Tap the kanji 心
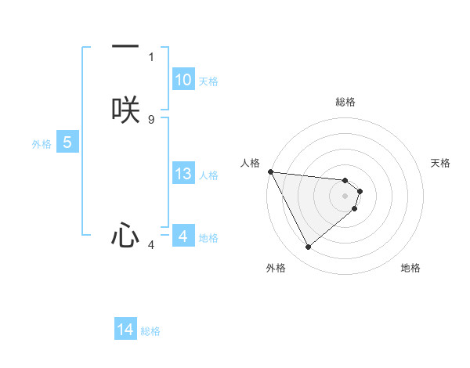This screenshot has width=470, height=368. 125,235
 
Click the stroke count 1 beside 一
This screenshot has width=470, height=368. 151,57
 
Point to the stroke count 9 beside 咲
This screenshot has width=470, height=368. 151,119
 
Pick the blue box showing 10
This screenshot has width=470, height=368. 183,80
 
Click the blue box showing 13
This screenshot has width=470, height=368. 183,174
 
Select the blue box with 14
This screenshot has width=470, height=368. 125,330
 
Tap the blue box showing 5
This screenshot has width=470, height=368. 67,143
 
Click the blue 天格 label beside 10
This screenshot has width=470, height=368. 208,81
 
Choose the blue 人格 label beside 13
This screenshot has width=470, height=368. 208,175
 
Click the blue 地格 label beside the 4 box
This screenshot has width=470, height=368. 208,237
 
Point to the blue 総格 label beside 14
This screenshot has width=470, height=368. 150,330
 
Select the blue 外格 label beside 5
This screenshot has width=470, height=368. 42,143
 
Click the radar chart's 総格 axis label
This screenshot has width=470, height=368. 345,102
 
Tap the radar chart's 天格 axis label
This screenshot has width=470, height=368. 441,163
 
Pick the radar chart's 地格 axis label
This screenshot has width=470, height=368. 410,268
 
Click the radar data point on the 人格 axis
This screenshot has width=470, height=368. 270,171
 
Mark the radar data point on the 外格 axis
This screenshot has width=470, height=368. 308,247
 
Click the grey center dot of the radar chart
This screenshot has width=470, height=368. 345,195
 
